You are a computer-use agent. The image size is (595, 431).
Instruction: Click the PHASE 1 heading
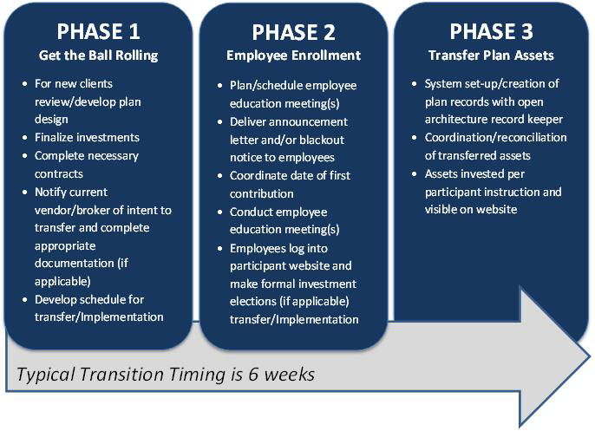pos(98,31)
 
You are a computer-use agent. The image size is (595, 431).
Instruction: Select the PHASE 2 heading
pos(294,32)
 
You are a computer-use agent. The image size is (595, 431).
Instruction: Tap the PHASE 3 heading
pos(492,31)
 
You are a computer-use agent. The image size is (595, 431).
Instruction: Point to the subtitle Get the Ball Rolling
pos(98,56)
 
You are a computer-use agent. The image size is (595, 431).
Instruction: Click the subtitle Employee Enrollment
pos(293,56)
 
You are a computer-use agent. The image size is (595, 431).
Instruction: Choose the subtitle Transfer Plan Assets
pos(491,56)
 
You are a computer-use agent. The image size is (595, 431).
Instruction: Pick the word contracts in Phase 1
pos(59,173)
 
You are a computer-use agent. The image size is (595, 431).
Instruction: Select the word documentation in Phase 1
pos(75,264)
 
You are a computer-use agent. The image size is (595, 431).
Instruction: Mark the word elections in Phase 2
pos(252,301)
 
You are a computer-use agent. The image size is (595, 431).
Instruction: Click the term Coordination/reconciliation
pos(495,137)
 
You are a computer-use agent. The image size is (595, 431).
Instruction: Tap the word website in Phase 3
pos(499,210)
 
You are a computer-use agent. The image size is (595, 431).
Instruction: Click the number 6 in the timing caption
pos(254,375)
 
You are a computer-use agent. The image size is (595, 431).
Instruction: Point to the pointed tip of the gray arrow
pos(590,356)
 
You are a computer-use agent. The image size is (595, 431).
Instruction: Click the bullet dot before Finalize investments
pos(25,137)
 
